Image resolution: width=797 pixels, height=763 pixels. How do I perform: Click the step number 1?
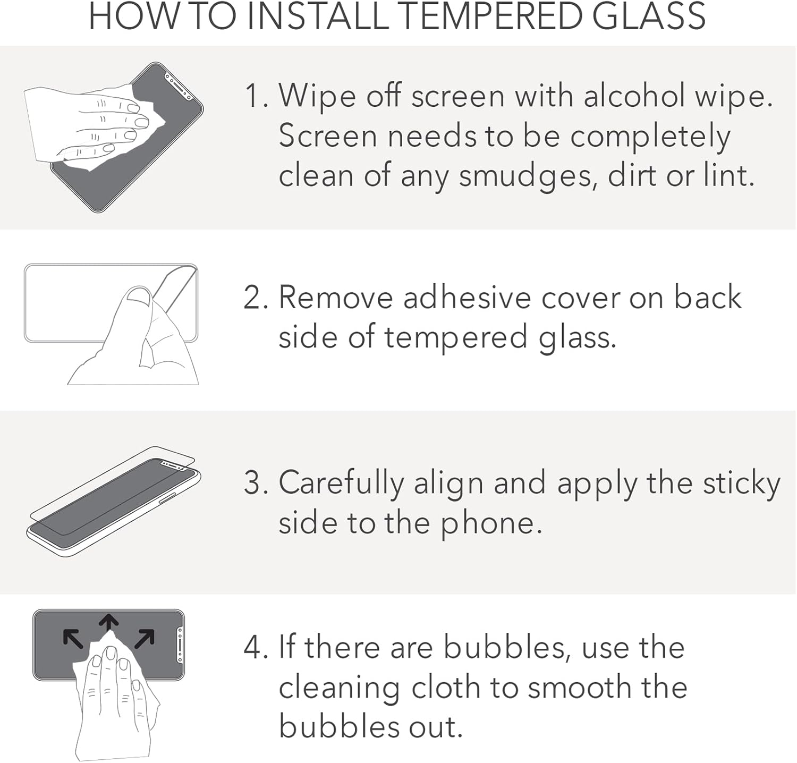[253, 97]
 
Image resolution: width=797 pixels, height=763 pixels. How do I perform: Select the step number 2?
[254, 298]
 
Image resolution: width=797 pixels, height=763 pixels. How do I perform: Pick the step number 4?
[254, 648]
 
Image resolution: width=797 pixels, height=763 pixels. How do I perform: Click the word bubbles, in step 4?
[507, 648]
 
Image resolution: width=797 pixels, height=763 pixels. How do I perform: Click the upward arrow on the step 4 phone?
[109, 623]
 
